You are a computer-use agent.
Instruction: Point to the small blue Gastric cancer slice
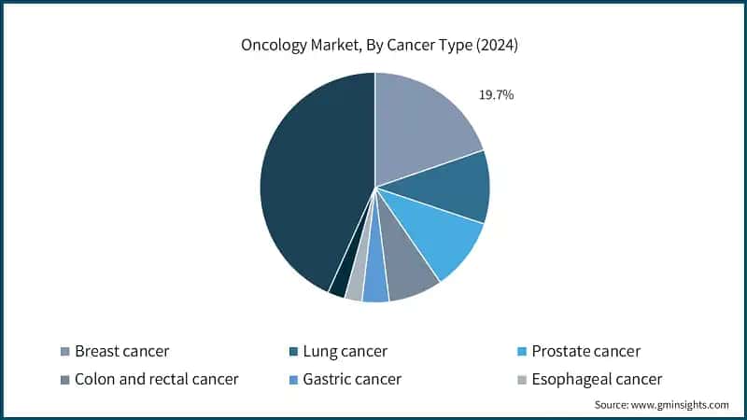coord(376,287)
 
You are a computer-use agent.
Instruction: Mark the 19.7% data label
coord(497,95)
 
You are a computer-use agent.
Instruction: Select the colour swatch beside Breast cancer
coord(64,352)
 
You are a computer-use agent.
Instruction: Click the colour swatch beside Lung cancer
coord(295,352)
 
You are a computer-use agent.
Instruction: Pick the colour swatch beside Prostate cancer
coord(521,352)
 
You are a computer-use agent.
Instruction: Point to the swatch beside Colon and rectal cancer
coord(64,379)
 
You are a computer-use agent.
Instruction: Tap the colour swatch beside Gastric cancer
coord(295,379)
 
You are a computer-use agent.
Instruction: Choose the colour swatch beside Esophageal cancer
coord(521,379)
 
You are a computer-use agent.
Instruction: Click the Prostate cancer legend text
coord(585,352)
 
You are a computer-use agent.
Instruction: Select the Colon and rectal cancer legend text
coord(156,379)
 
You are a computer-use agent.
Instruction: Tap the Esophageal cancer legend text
coord(597,379)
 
